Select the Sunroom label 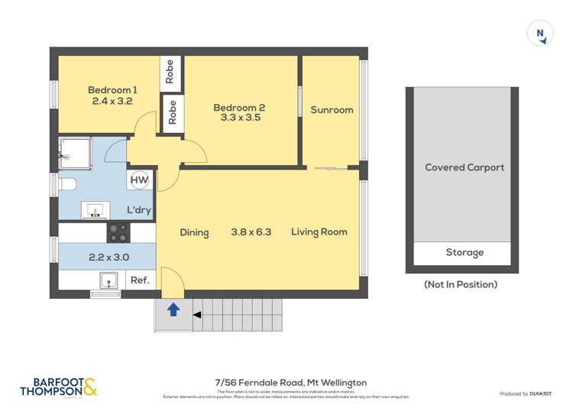[332, 110]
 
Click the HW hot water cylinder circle [139, 180]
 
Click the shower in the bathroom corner [76, 154]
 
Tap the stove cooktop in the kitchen [118, 232]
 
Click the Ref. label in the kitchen [140, 280]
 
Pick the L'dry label [138, 209]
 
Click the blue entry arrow [173, 309]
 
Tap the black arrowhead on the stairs [196, 314]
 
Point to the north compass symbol [541, 34]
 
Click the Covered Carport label [465, 167]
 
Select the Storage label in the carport [465, 252]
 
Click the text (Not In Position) [461, 284]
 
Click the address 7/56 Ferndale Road [290, 382]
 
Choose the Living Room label [319, 232]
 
